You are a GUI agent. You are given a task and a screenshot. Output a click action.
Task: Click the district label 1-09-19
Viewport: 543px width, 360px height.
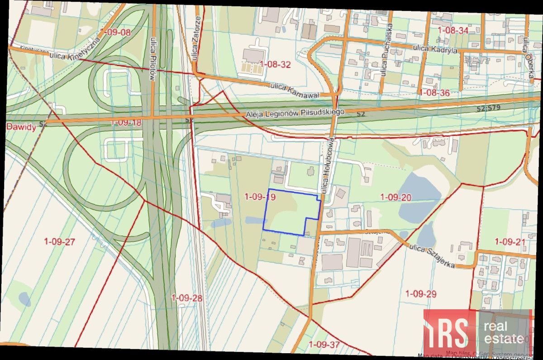260,197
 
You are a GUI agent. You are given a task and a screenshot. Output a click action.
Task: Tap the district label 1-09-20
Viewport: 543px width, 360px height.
395,197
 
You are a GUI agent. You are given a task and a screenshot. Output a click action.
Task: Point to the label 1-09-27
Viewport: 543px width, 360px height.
59,241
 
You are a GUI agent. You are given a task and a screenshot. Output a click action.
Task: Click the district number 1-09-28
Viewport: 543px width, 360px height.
187,298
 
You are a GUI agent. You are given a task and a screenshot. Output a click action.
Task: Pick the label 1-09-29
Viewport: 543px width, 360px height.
421,294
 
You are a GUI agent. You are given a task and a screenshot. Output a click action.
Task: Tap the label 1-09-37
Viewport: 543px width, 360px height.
324,345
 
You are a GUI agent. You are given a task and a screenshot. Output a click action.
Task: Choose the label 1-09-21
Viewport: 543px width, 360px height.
510,241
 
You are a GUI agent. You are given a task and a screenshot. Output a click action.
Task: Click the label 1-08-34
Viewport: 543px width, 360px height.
453,30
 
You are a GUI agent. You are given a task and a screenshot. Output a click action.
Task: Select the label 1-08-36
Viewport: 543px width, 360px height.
434,92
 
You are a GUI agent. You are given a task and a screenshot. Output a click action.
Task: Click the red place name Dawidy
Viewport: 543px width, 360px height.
21,127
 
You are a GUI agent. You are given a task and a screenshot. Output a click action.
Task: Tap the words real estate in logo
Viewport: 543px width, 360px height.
504,332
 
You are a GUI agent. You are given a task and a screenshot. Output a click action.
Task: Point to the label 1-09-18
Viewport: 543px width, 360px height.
126,123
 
